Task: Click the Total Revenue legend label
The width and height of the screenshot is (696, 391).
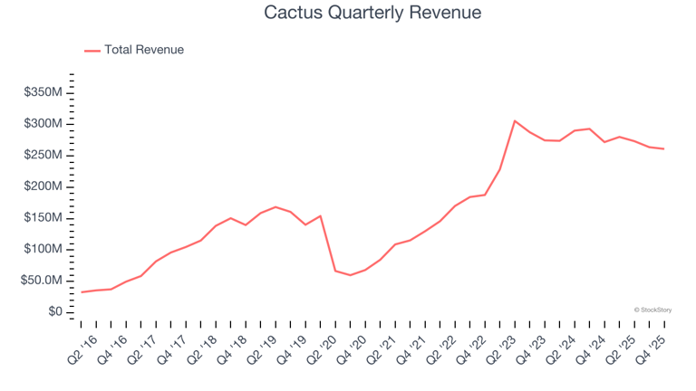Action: [144, 50]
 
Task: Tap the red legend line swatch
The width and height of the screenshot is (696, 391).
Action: [92, 51]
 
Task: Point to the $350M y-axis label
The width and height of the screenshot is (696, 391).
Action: [43, 92]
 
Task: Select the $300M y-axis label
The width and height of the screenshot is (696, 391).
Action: [43, 123]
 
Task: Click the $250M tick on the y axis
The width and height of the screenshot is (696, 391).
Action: [43, 155]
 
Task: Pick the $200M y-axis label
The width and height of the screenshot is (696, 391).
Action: [43, 186]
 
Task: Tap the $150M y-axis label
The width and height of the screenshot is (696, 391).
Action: [43, 218]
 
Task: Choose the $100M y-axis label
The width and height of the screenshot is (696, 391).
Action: [43, 249]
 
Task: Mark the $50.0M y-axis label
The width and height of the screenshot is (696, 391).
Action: [41, 281]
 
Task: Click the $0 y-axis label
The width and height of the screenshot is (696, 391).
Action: [55, 312]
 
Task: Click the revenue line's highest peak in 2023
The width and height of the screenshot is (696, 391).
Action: [515, 121]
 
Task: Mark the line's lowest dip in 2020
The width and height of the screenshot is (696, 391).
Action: [351, 275]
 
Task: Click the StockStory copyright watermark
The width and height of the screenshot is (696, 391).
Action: [652, 310]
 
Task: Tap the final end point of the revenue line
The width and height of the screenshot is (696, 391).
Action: [663, 148]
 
